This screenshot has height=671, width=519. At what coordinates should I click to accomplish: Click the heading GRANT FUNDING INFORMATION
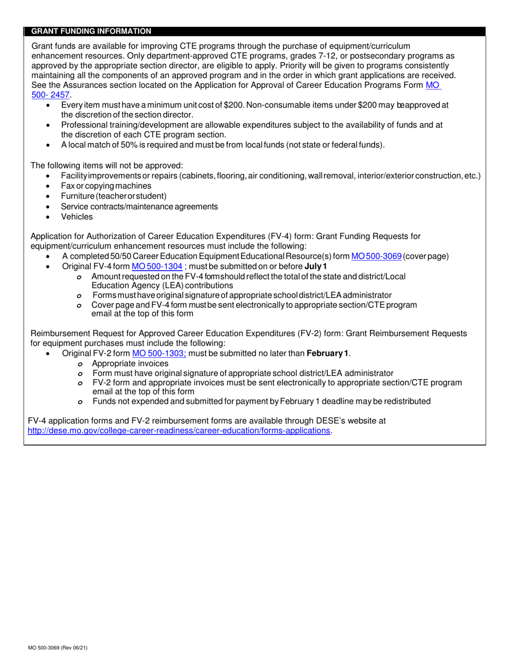tap(91, 31)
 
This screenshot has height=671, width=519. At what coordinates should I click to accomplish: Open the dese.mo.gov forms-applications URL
tap(179, 430)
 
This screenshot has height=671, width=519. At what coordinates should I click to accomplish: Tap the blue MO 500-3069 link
tap(376, 256)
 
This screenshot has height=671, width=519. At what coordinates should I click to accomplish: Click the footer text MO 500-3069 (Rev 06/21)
tap(59, 648)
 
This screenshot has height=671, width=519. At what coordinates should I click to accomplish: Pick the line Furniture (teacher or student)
tap(114, 196)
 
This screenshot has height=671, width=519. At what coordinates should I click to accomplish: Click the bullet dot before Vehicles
tap(49, 217)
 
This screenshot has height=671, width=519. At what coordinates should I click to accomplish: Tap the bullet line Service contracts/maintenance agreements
tap(139, 206)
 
